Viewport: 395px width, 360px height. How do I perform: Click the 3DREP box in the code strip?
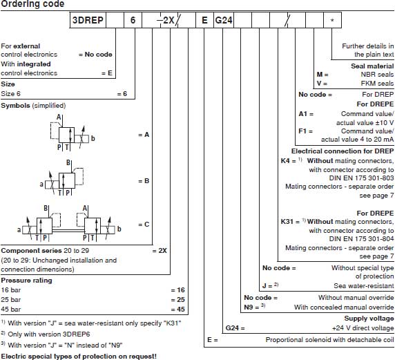[88, 20]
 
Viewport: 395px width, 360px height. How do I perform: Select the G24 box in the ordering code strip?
[224, 20]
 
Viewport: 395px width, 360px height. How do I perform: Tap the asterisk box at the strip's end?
[333, 20]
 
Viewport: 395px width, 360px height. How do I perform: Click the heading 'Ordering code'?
[32, 4]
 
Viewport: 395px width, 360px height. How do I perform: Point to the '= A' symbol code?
[144, 135]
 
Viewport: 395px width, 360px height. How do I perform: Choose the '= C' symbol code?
[144, 225]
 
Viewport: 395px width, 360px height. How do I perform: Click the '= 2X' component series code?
[160, 251]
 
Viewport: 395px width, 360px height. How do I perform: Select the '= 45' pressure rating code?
[178, 310]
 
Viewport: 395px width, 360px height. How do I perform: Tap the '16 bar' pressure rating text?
[10, 290]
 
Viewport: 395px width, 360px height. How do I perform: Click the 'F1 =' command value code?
[305, 131]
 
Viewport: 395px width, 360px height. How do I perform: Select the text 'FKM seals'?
[377, 83]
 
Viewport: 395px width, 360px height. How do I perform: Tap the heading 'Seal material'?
[372, 66]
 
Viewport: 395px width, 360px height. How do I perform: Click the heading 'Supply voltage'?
[369, 319]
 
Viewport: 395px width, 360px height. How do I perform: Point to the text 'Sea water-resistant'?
[364, 286]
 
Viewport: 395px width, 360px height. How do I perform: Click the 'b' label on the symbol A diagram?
[93, 138]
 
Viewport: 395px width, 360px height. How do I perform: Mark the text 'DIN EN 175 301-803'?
[361, 178]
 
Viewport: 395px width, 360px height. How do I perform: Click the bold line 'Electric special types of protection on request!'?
[79, 357]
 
